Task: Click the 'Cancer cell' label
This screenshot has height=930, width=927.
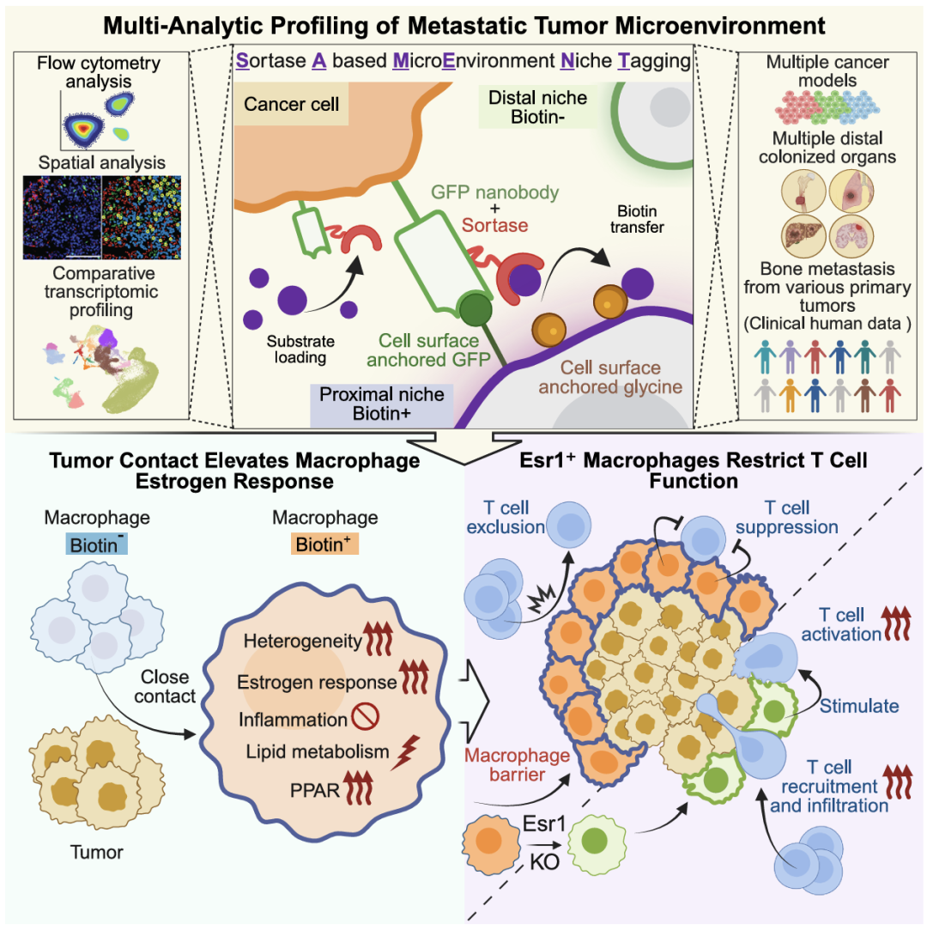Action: pos(291,105)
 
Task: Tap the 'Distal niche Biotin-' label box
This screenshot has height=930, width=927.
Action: pos(537,107)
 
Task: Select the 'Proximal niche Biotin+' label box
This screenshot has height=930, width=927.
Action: pos(382,404)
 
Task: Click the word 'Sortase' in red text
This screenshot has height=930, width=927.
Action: pos(495,225)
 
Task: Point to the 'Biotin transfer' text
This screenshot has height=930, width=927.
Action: pos(637,219)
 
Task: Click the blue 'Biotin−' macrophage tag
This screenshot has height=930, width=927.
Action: pos(97,544)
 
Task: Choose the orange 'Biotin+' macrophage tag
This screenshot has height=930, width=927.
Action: pos(324,544)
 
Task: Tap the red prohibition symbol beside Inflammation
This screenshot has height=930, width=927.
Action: pos(365,716)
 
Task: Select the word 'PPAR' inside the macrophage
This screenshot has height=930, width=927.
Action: pos(315,791)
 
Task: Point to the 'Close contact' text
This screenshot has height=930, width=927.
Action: pos(165,686)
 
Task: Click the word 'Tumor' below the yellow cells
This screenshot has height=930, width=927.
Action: pos(97,853)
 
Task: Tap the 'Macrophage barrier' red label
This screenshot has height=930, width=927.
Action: pos(517,764)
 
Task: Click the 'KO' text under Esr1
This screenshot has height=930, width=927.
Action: pos(544,862)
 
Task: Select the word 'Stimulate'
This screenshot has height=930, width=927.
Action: pos(859,706)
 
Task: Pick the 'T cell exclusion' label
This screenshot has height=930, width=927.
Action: pos(506,517)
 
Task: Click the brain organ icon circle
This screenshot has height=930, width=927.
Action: pos(851,236)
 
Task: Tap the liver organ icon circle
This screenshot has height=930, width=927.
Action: pos(804,236)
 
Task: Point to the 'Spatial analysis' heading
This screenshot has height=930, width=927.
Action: pos(102,162)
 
